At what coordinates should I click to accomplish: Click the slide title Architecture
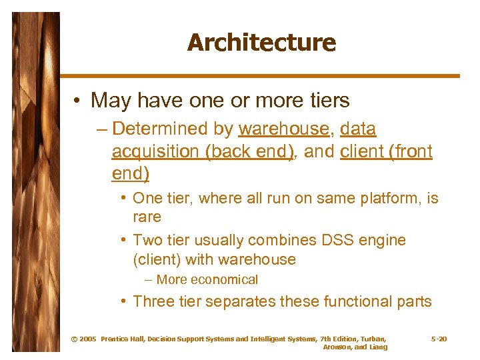coord(261,43)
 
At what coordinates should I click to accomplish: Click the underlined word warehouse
coord(283,129)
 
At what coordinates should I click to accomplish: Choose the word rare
coord(147,217)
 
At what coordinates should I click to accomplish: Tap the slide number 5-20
coord(439,339)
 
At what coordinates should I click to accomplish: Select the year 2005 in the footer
coord(88,339)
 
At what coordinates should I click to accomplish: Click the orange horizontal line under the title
coord(260,76)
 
